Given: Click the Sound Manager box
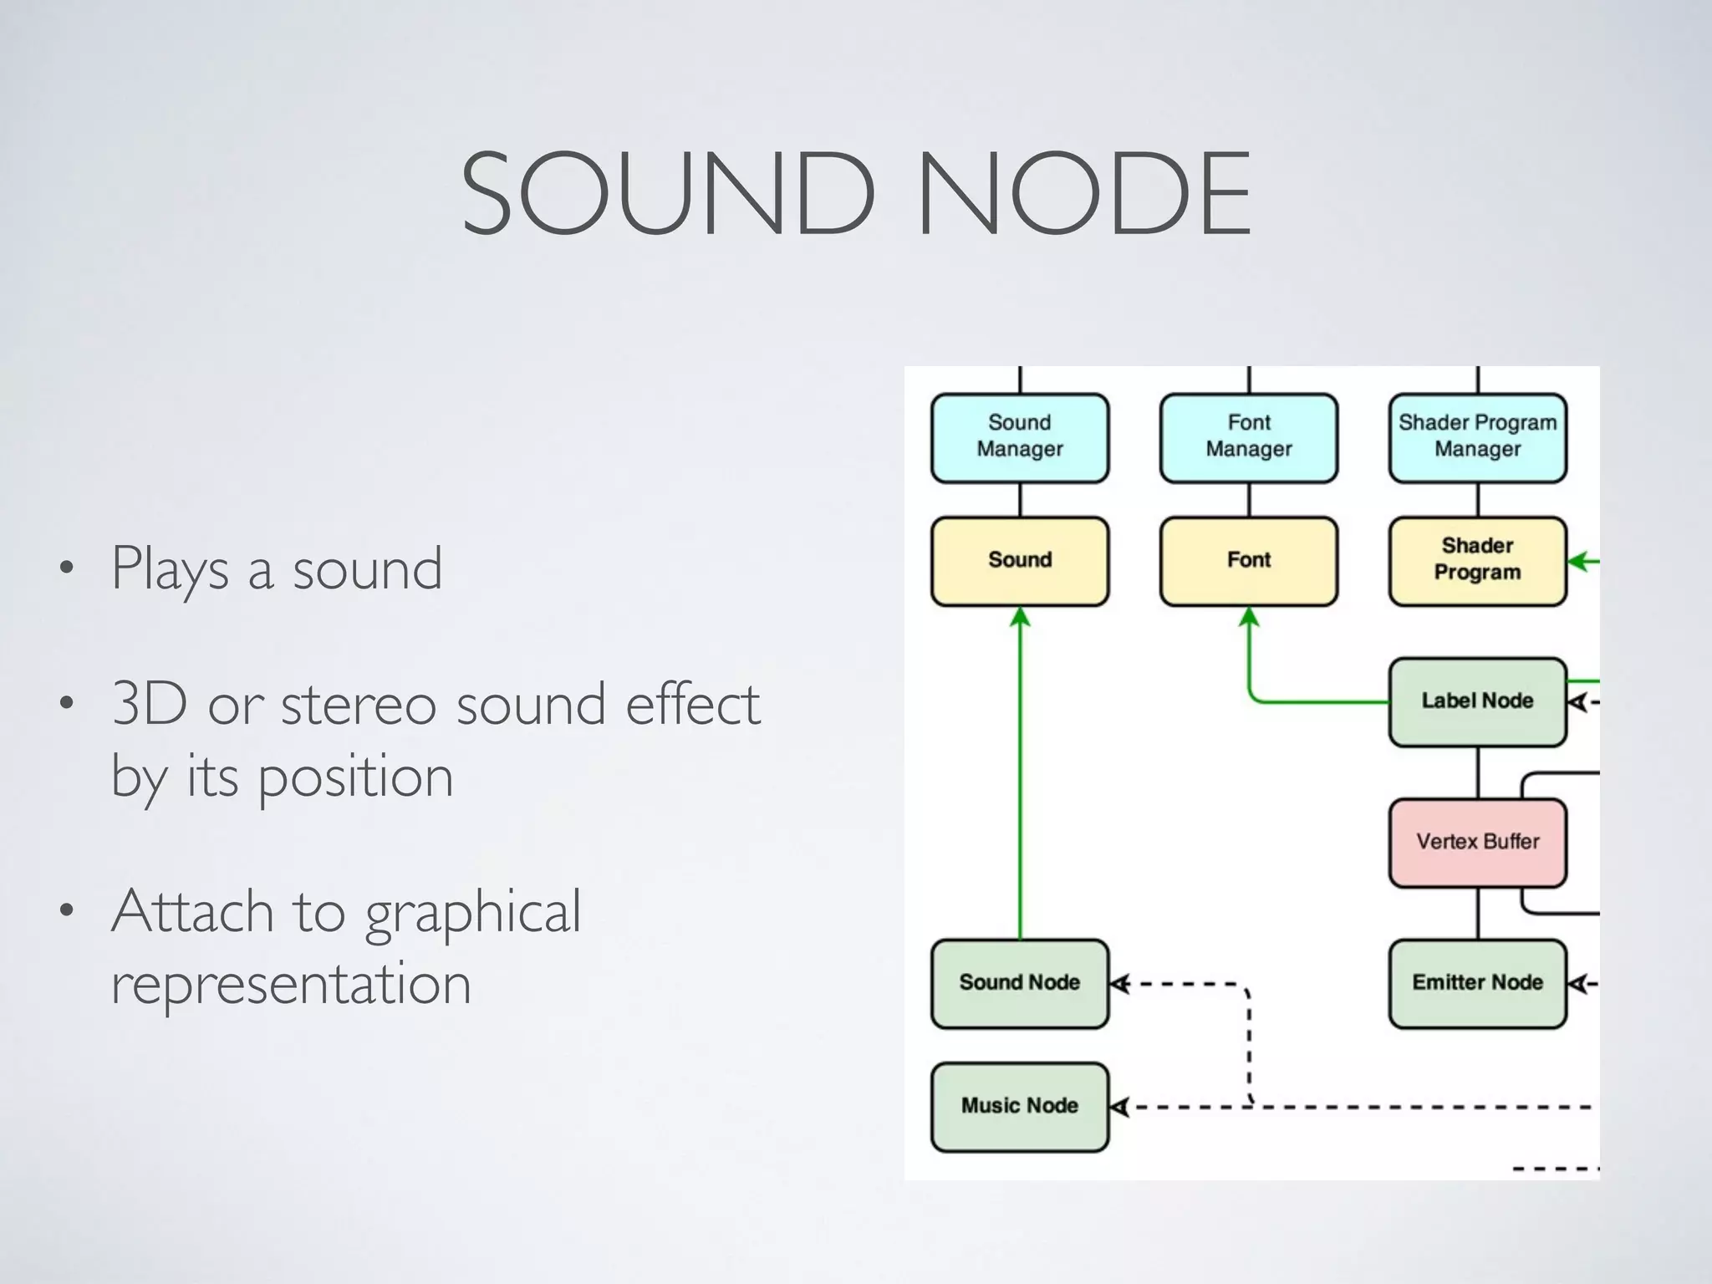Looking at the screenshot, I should (1020, 437).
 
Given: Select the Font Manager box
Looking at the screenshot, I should (1249, 437).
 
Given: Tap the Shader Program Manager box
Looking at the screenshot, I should (1477, 437).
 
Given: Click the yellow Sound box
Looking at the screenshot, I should (1020, 560).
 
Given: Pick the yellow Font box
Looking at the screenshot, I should (1249, 560).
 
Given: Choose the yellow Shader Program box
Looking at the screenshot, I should (1477, 560).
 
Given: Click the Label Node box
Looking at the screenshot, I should (1477, 701).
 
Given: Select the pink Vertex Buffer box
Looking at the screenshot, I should (1477, 842).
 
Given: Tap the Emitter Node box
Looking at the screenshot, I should (1477, 982).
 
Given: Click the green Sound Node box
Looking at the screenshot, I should (1020, 982).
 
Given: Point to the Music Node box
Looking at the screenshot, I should (1020, 1106).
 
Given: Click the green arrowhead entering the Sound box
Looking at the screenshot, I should (1020, 618).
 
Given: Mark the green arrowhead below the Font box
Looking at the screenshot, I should (1249, 618).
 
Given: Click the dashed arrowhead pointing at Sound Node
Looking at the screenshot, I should (1120, 984).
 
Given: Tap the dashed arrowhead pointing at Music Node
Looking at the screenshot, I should (1120, 1108).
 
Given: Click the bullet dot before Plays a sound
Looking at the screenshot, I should (66, 569).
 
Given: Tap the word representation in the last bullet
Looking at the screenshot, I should (291, 983).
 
